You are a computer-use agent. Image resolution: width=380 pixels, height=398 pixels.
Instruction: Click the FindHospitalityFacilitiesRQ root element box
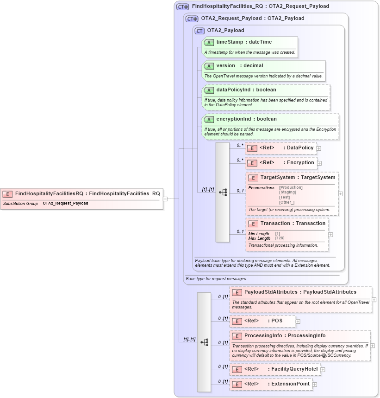82,194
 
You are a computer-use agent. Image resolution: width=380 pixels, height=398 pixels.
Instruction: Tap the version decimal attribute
239,66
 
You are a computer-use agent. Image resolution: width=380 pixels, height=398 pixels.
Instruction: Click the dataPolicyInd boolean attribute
246,90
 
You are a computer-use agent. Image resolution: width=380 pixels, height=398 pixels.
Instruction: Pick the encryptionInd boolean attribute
246,119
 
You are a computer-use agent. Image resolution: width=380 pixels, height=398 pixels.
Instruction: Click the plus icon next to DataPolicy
319,148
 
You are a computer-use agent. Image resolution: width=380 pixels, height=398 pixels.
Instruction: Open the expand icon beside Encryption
319,163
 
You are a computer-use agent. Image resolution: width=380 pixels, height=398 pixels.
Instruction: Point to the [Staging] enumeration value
288,192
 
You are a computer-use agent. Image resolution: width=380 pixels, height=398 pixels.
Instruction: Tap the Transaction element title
293,224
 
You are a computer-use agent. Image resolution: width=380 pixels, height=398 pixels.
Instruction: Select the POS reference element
262,321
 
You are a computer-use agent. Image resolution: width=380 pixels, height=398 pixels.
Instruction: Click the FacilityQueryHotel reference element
275,370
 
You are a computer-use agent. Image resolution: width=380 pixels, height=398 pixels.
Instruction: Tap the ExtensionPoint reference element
271,385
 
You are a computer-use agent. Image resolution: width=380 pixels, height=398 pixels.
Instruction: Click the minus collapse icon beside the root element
165,199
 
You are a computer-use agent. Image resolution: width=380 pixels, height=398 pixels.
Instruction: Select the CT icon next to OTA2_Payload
200,31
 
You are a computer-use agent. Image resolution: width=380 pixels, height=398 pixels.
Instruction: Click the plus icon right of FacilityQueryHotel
323,370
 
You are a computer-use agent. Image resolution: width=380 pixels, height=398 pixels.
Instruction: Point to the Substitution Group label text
20,204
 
